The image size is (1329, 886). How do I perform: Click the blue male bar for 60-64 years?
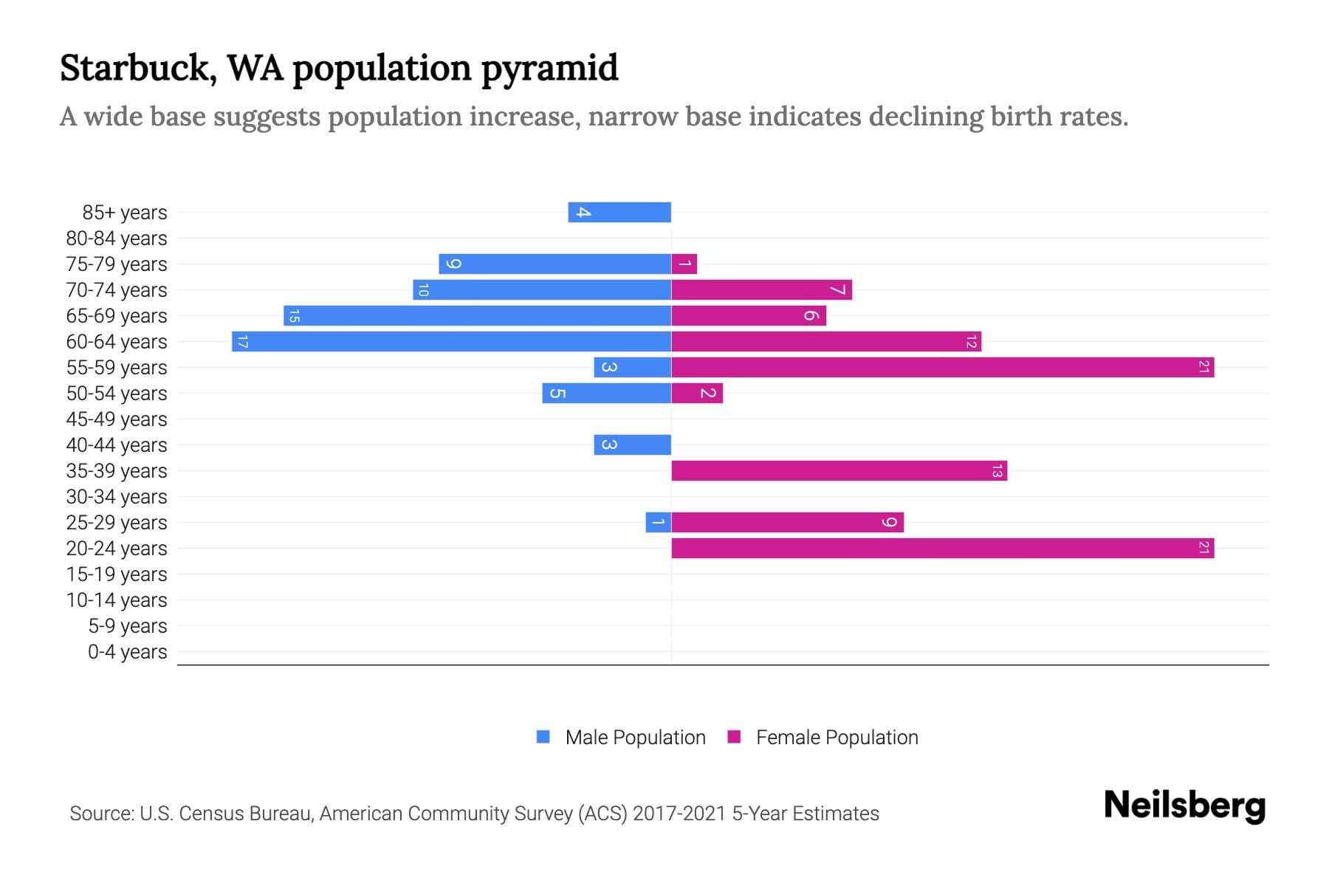(x=451, y=342)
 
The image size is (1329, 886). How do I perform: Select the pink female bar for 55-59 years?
(x=942, y=368)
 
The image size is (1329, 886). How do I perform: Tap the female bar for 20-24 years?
(x=942, y=549)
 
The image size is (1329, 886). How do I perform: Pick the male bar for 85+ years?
(x=619, y=213)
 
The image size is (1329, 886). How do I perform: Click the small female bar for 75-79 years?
(x=684, y=264)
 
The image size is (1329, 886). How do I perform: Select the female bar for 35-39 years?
(x=839, y=471)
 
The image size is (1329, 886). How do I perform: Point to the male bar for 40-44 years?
(x=632, y=445)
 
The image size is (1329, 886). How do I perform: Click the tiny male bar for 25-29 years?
(x=658, y=523)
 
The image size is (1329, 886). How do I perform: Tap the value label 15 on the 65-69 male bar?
(x=294, y=316)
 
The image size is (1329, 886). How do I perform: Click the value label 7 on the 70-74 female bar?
(x=837, y=290)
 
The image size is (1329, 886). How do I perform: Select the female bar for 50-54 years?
(x=697, y=394)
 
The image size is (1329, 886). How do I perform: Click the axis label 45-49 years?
(x=117, y=419)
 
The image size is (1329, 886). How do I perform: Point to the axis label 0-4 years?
(x=127, y=652)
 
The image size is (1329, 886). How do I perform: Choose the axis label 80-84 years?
(x=117, y=238)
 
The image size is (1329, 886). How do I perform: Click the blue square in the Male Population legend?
(x=543, y=737)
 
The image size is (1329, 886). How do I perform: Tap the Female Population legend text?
(x=837, y=738)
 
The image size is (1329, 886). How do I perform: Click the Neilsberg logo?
(x=1184, y=806)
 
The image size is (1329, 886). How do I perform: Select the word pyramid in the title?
(x=549, y=69)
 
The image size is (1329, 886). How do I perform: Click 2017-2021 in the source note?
(x=679, y=814)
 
